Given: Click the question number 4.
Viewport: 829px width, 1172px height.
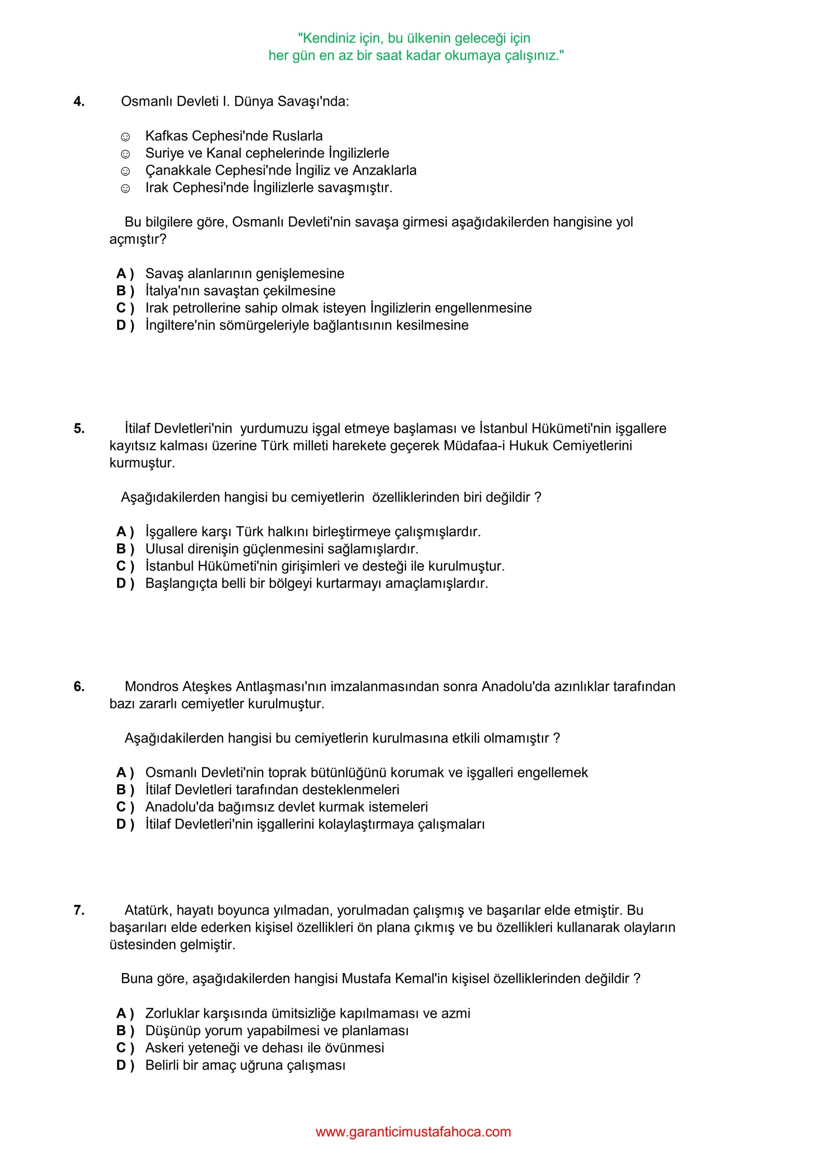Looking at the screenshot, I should tap(79, 102).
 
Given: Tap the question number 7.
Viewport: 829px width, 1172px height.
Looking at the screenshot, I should tap(79, 910).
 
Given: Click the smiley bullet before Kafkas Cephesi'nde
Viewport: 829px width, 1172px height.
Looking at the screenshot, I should tap(125, 137).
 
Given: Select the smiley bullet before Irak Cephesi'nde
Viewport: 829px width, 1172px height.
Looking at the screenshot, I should tap(125, 189).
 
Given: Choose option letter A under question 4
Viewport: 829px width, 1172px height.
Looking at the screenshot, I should tap(125, 274).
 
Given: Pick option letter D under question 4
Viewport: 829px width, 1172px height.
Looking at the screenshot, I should tap(125, 325).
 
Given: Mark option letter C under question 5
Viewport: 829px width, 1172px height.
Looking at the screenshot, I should tap(125, 566).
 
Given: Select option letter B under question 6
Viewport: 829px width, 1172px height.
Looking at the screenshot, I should tap(125, 790).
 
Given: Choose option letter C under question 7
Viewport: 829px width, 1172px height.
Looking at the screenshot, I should tap(125, 1048).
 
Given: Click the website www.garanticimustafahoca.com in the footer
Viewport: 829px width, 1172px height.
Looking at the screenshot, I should tap(413, 1132).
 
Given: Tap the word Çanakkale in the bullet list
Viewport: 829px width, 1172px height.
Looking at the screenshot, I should tap(178, 170).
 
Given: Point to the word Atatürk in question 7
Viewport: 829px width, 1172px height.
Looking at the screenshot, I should tap(148, 910).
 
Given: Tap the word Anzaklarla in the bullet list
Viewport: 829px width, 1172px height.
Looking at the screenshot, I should tap(384, 170).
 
